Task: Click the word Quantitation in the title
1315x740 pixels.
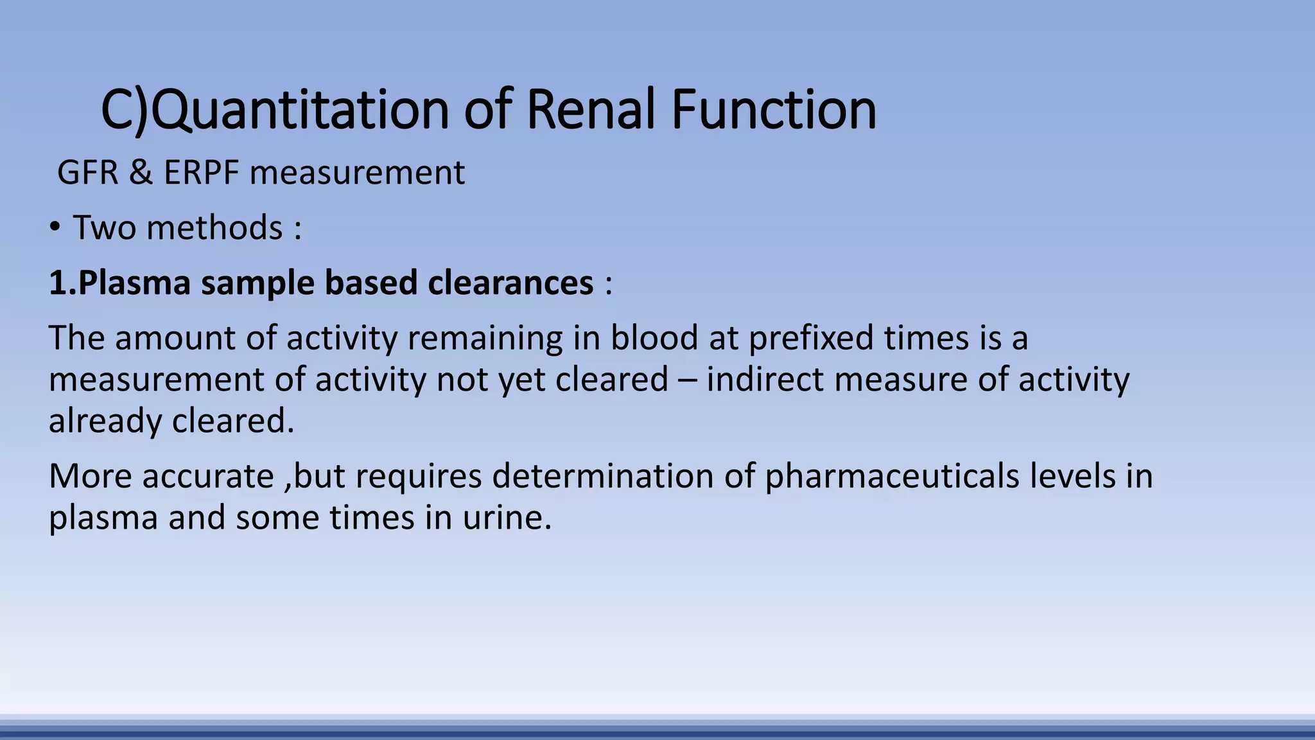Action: (x=299, y=110)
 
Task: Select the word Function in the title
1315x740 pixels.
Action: (x=774, y=110)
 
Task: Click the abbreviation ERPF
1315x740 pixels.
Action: (x=202, y=173)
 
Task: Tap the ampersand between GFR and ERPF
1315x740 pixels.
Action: (x=141, y=173)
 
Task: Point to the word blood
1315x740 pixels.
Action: (x=654, y=338)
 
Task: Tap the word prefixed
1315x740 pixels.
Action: (x=811, y=338)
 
